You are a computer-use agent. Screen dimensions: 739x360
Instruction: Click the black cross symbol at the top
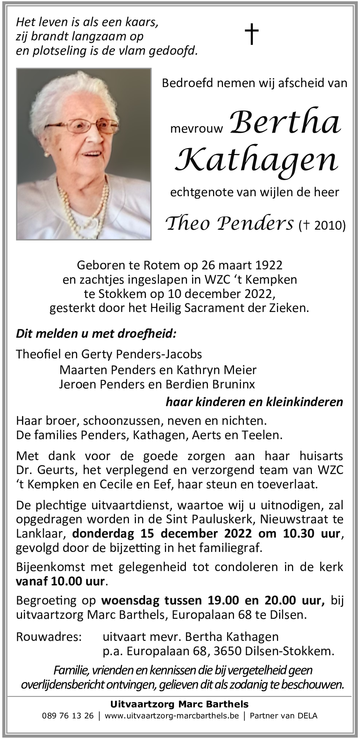click(252, 34)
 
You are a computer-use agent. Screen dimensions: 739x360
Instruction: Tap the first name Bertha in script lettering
click(285, 122)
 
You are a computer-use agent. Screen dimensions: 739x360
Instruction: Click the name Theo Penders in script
click(230, 223)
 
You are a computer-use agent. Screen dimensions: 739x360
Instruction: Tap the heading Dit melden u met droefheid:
click(96, 334)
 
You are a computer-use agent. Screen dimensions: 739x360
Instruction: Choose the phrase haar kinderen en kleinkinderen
click(254, 402)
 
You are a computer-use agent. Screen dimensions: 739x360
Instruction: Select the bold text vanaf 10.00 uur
click(61, 581)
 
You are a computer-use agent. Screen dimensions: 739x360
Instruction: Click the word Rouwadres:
click(49, 636)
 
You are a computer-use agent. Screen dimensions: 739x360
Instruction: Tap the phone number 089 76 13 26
click(68, 715)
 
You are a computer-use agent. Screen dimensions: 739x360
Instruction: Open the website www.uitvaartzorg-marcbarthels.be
click(172, 715)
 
